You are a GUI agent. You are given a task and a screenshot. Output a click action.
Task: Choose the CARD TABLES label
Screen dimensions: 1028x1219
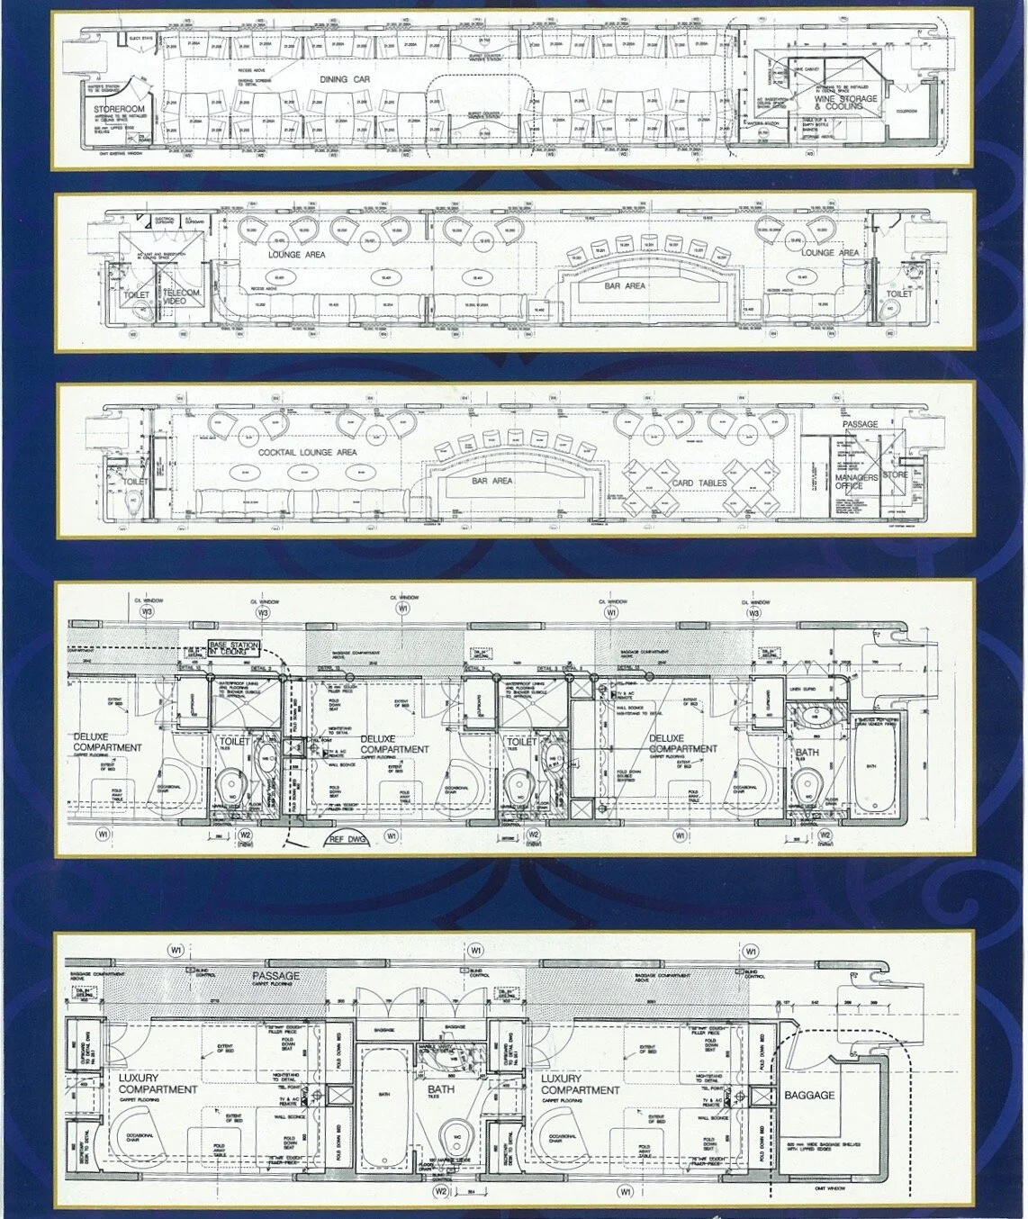(699, 483)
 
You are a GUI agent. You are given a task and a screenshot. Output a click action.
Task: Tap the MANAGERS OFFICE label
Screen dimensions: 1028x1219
(855, 482)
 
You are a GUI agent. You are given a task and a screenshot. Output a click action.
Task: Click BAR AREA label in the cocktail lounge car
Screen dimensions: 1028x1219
(491, 481)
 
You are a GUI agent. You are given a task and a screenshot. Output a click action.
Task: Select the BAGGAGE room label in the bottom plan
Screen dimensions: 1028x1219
(809, 1096)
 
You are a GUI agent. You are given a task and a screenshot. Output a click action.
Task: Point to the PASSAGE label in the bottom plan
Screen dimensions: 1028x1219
(275, 976)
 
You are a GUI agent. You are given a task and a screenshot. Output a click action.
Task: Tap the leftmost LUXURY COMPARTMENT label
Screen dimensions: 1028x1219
(158, 1083)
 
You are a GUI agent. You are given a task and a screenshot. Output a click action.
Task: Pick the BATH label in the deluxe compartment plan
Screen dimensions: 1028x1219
(807, 753)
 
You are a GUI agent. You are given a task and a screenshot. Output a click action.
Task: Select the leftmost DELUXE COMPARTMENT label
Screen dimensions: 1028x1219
(107, 743)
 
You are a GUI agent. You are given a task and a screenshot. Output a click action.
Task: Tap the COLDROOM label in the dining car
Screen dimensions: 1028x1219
(905, 112)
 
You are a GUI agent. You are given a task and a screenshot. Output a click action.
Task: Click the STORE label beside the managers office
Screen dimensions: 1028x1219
(895, 474)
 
